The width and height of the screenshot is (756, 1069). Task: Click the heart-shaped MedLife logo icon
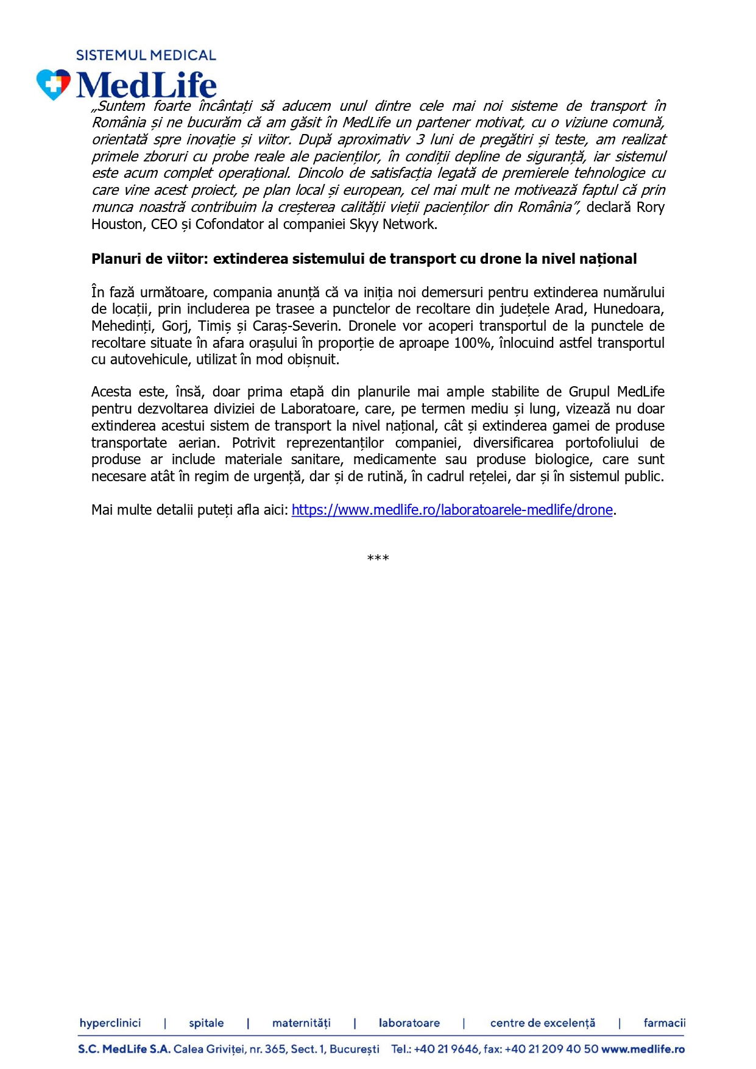coord(54,84)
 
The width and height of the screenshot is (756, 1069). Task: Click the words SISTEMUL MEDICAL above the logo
coord(146,55)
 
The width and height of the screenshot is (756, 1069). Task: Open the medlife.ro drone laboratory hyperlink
coord(452,510)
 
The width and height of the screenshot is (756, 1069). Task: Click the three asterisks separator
coord(378,558)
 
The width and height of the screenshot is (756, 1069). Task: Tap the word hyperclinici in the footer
coord(110,1023)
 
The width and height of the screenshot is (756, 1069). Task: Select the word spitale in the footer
coord(206,1023)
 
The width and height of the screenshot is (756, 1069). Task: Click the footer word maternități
coord(301,1023)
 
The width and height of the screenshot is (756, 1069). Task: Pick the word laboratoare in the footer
coord(409,1023)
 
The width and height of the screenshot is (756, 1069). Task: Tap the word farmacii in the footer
coord(664,1023)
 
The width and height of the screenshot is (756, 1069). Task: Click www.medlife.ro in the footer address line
coord(643,1049)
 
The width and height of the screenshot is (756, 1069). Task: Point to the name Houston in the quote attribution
coord(116,224)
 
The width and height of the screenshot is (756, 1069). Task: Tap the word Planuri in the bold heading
coord(116,259)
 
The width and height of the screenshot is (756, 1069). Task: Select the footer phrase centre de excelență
coord(542,1023)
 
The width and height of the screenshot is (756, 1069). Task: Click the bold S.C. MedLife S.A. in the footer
coord(124,1049)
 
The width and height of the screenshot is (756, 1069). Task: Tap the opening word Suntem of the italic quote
coord(121,106)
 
